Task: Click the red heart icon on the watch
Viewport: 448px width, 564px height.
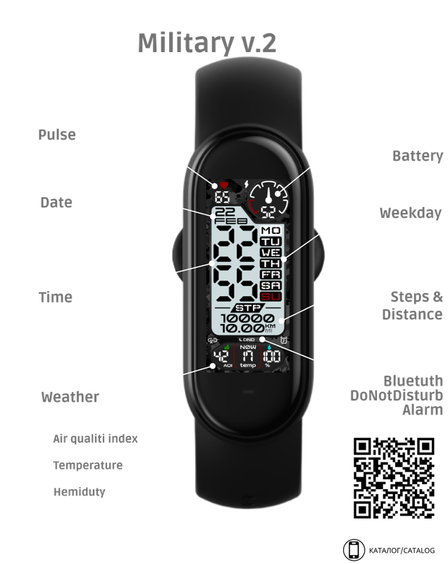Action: tap(224, 185)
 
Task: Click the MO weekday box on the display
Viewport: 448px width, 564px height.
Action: tap(270, 231)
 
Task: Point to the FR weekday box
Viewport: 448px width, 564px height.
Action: tap(270, 274)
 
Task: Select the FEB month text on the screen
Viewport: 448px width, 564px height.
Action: tap(225, 219)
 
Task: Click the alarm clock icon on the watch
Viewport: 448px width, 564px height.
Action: tap(283, 342)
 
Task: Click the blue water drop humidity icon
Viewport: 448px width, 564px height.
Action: tap(269, 348)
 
